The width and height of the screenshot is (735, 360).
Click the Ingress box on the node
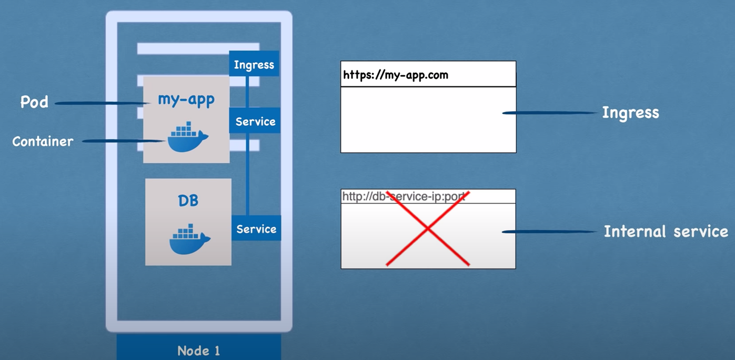[x=254, y=64]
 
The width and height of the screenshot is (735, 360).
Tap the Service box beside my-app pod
[x=255, y=121]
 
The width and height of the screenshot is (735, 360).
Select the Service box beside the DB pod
[x=256, y=228]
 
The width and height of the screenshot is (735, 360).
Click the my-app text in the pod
[x=186, y=99]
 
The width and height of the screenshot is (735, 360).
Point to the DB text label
[x=188, y=201]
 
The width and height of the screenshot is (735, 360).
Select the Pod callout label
[x=34, y=102]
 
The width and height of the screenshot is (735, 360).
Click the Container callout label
[x=43, y=142]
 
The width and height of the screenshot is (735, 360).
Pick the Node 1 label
[x=198, y=351]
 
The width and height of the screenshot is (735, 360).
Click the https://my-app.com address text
[x=396, y=75]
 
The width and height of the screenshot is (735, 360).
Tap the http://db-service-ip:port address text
[x=404, y=196]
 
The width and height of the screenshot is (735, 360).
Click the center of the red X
[x=428, y=229]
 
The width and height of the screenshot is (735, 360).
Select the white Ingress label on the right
[x=630, y=113]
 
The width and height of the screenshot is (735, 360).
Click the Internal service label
[x=666, y=232]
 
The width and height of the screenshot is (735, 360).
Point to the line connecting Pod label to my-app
[x=103, y=103]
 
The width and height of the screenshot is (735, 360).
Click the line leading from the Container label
[x=124, y=141]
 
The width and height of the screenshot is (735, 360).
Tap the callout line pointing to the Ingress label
[x=550, y=113]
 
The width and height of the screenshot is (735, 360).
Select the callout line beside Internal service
[x=549, y=232]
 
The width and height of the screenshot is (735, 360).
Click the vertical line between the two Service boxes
[x=247, y=174]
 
